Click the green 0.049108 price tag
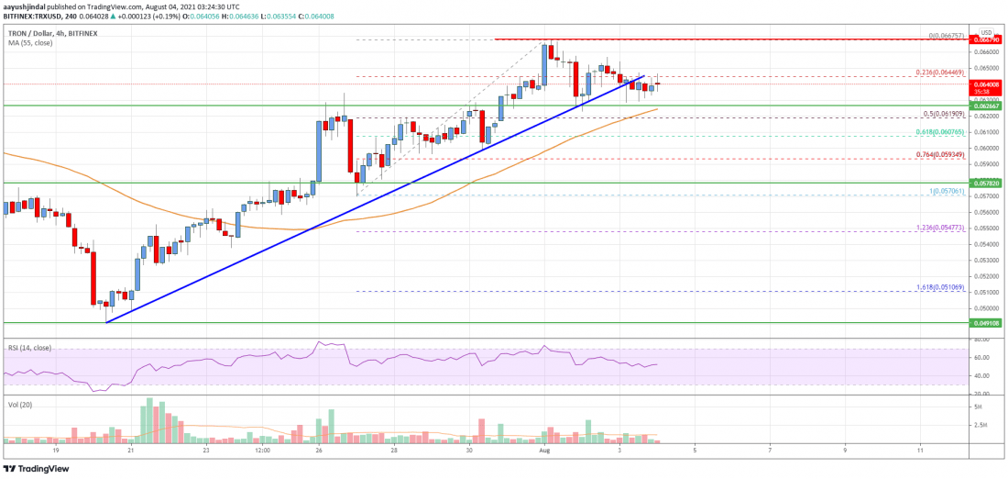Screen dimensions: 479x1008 [x=988, y=323]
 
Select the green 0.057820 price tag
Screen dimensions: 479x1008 [x=988, y=184]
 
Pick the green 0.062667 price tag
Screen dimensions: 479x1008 [x=988, y=106]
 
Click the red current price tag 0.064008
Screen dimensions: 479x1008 [x=988, y=83]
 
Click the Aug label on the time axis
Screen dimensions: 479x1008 [x=544, y=451]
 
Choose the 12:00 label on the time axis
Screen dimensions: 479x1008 [x=261, y=451]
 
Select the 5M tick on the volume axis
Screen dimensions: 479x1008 [x=978, y=406]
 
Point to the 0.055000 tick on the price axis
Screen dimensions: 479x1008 [x=985, y=228]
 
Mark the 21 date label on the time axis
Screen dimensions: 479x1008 [x=131, y=451]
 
